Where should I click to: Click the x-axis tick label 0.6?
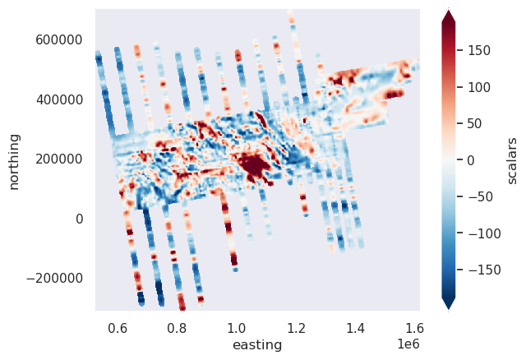click(x=118, y=328)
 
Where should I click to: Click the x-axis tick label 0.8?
click(x=178, y=328)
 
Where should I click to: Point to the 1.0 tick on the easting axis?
click(x=237, y=328)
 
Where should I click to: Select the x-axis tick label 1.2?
click(x=297, y=328)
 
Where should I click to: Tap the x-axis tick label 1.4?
click(x=356, y=328)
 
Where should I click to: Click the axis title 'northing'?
click(x=15, y=159)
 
